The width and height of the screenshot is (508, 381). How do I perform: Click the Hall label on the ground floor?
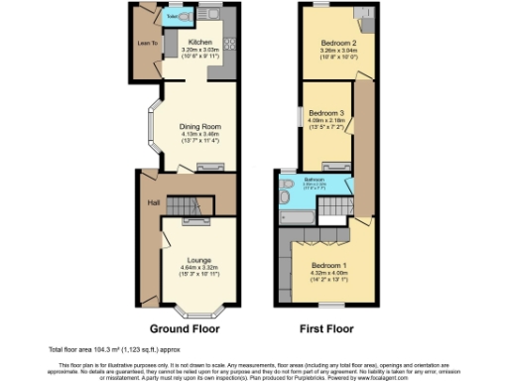click(x=154, y=202)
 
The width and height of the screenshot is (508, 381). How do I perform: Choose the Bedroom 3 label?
click(x=325, y=114)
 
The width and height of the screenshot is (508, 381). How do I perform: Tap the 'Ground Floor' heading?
click(x=186, y=327)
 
